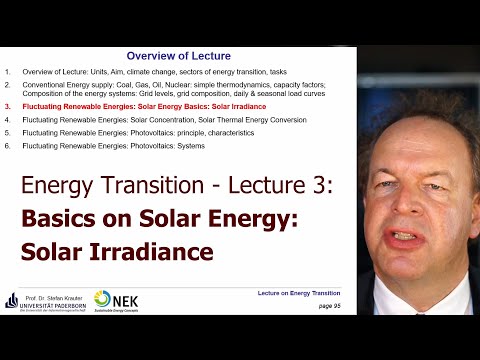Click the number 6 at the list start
pos(7,146)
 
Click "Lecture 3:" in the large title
pos(277,186)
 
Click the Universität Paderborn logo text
pos(52,308)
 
